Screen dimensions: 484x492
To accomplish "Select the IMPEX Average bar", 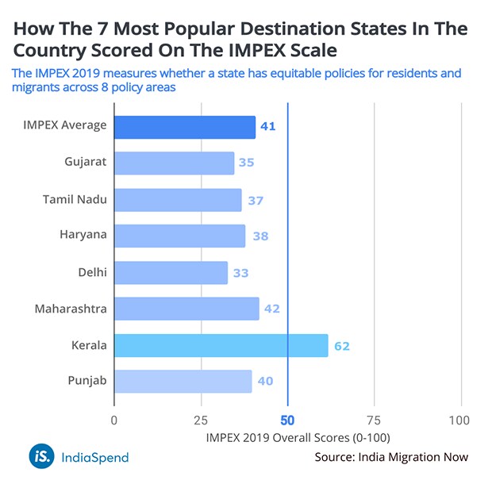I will coord(185,127).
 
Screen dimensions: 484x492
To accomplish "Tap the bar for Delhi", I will coord(171,273).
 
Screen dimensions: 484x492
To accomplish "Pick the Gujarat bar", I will coord(174,163).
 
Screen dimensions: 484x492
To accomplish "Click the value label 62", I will coord(342,346).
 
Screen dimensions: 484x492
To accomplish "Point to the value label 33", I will coord(241,273).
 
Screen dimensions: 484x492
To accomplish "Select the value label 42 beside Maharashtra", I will coord(272,309).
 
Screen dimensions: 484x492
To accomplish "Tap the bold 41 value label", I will coord(268,127).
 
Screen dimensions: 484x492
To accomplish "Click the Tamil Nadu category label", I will coord(75,199).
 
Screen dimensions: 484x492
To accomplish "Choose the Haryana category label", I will coord(83,236).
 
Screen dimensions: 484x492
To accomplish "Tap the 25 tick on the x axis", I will coord(201,420).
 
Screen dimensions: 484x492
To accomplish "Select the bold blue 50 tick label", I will coord(287,420).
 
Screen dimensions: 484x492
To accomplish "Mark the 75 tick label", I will coord(374,420).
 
